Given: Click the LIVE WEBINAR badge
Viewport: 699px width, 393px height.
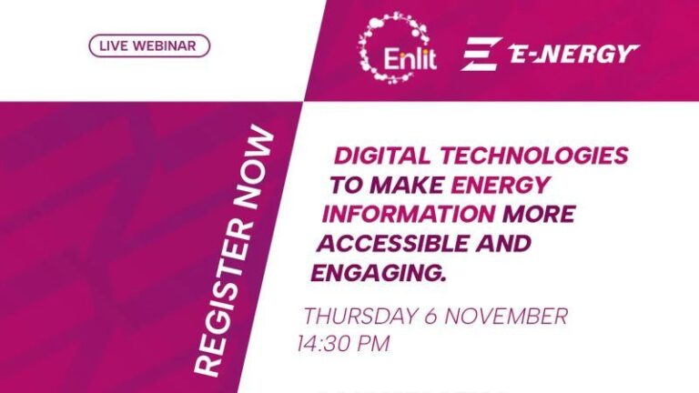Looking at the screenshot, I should click(149, 45).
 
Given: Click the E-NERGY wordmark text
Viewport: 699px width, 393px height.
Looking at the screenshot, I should click(572, 55).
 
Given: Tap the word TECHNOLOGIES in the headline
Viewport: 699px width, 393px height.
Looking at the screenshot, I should click(536, 156).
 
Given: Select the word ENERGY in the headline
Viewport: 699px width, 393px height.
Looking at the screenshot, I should click(501, 186).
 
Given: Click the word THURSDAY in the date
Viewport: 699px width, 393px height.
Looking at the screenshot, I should click(360, 317).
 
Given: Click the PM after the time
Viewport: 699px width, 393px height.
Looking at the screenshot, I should click(377, 345).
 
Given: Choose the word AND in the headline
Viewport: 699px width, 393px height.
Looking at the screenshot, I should click(502, 244).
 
